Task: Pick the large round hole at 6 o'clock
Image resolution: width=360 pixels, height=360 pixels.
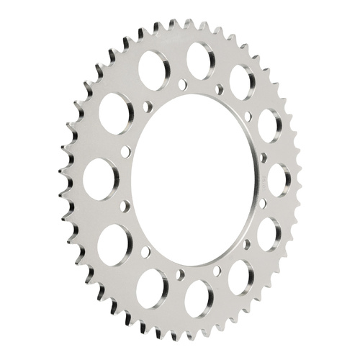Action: [x=199, y=298]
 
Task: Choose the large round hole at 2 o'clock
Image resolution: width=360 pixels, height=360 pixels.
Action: [x=269, y=126]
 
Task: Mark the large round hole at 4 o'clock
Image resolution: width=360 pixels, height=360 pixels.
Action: [x=269, y=233]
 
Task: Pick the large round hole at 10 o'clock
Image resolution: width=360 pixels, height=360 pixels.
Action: [x=114, y=113]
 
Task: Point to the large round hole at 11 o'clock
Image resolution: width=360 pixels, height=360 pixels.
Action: [x=153, y=71]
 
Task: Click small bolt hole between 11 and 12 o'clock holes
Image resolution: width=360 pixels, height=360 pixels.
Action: [x=181, y=85]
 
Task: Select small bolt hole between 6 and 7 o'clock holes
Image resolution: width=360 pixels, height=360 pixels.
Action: [x=180, y=274]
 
